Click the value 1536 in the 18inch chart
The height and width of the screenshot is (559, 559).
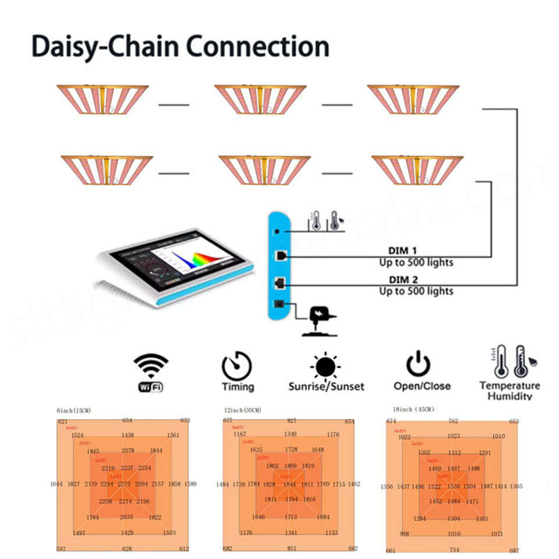453,487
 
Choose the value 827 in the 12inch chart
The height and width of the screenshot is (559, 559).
291,420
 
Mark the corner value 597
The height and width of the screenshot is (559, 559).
62,549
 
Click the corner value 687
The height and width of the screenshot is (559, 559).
514,550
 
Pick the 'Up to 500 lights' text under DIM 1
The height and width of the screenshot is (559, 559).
416,263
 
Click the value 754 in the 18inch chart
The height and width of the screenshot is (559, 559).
453,550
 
